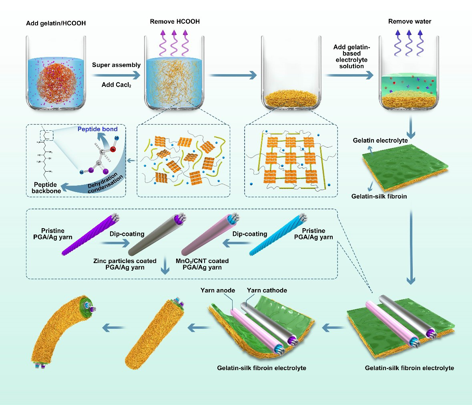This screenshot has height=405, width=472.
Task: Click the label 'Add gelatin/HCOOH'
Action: pos(56,23)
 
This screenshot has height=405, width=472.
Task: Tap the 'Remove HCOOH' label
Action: pos(175,21)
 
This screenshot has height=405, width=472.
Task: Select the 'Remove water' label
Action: pos(410,21)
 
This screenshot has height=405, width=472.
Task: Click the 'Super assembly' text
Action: pos(116,65)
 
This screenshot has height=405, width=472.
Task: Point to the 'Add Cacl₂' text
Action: pos(116,85)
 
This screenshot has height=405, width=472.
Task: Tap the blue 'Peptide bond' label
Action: pos(98,129)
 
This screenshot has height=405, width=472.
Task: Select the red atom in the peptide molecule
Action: pos(113,150)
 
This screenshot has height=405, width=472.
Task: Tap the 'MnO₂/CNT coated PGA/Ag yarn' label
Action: pos(202,264)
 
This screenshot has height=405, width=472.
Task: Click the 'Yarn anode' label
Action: pos(218,290)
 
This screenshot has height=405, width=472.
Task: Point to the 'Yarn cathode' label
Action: pos(267,290)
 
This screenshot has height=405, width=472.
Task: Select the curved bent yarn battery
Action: pos(60,329)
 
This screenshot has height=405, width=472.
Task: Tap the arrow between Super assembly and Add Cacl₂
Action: pos(116,75)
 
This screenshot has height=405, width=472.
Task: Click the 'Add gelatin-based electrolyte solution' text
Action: pos(351,57)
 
